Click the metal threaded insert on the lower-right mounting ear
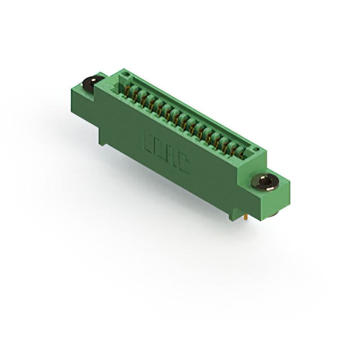tap(265, 182)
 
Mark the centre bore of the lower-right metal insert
tap(265, 181)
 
